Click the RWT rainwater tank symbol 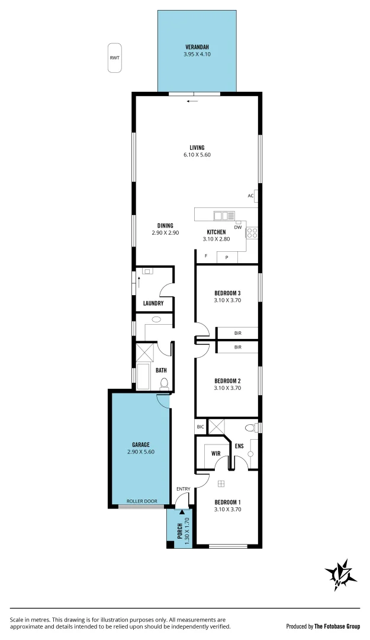tap(114, 58)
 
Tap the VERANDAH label tap(197, 47)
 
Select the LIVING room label tap(197, 148)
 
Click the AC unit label tap(250, 196)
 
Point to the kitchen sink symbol tap(224, 216)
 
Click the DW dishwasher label tap(238, 228)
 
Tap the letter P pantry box tap(226, 257)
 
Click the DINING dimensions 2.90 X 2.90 tap(165, 233)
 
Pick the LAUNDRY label tap(153, 303)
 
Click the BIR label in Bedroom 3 tap(237, 333)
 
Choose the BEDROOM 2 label tap(227, 380)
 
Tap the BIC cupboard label tap(200, 427)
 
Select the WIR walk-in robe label tap(216, 453)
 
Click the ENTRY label tap(184, 489)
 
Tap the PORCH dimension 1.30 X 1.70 tap(186, 528)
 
